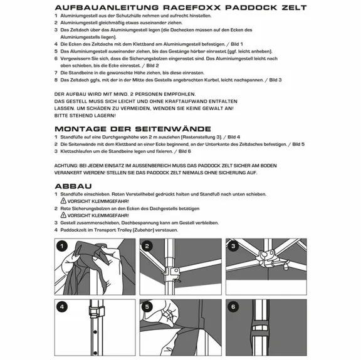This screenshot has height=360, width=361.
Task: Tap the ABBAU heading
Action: (x=74, y=186)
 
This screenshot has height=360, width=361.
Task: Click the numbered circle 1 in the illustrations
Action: (x=63, y=246)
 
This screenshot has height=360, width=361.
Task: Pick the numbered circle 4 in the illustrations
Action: (x=63, y=307)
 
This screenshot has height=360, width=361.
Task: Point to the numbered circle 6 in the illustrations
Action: (x=233, y=307)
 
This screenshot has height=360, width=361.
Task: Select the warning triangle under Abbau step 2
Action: (x=64, y=215)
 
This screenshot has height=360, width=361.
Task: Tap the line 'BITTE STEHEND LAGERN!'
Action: (x=85, y=115)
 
